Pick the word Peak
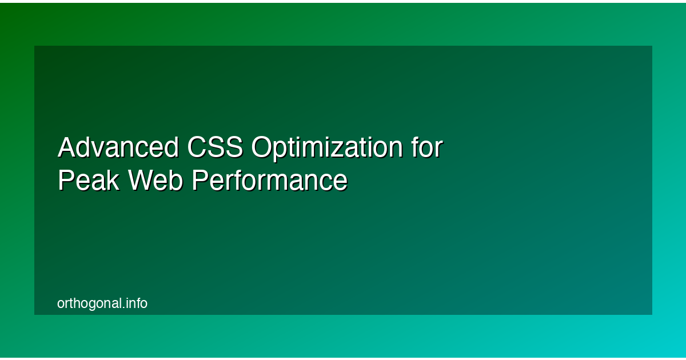coord(88,181)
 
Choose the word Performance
coord(269,181)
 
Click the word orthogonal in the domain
coord(89,304)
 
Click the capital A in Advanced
coord(67,148)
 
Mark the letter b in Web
coord(177,181)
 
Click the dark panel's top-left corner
coord(35,46)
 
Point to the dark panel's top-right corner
coord(652,46)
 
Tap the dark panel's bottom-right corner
coord(652,314)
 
